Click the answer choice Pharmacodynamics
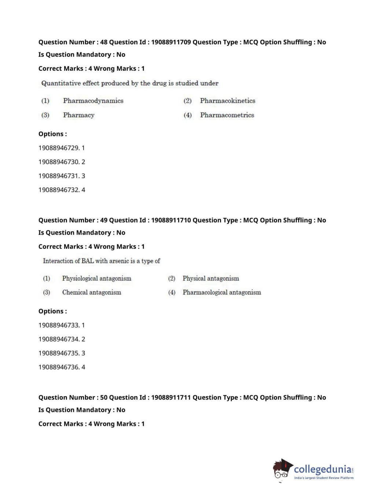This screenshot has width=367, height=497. click(93, 101)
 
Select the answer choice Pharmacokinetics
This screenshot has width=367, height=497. click(227, 101)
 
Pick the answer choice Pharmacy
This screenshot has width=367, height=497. click(78, 115)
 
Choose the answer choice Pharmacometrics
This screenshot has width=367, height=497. click(227, 115)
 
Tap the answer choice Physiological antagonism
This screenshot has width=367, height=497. click(96, 279)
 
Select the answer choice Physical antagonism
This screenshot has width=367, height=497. click(210, 279)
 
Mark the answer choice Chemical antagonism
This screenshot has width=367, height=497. click(91, 292)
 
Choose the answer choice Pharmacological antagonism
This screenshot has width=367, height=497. click(221, 292)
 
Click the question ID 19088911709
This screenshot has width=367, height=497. click(171, 42)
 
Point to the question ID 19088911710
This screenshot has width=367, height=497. click(171, 220)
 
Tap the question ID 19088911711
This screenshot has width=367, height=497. click(171, 398)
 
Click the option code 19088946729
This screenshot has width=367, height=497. click(59, 148)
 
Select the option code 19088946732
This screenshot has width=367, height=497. click(59, 190)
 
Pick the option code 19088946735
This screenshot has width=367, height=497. click(59, 353)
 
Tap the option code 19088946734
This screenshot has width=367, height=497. click(59, 339)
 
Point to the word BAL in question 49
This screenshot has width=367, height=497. click(88, 261)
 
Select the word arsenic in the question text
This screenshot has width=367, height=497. click(118, 261)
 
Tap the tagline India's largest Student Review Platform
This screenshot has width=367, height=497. click(324, 478)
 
